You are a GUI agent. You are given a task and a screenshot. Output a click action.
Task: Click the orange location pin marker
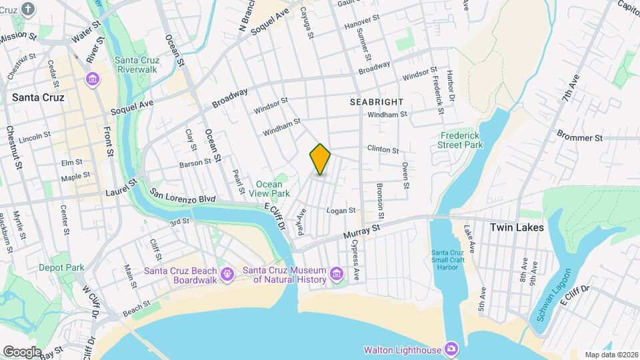(320, 159)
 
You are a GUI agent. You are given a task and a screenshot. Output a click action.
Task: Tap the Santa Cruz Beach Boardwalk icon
(227, 274)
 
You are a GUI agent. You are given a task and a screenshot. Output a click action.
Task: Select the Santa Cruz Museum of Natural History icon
(337, 274)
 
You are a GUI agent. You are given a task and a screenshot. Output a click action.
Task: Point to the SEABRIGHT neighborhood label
(377, 101)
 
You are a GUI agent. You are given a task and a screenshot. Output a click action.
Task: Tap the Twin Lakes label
(517, 227)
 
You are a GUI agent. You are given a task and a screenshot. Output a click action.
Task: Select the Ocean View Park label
(269, 188)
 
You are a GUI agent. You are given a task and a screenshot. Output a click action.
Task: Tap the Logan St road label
(341, 211)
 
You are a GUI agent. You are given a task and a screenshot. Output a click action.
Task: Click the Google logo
(23, 351)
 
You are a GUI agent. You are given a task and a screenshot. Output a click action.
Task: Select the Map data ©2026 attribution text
(611, 355)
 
